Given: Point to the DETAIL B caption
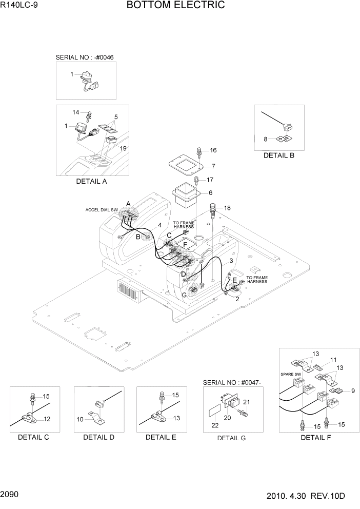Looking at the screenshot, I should (x=279, y=155).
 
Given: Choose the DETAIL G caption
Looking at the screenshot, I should (x=232, y=438).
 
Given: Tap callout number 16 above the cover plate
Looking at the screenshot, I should (x=213, y=150).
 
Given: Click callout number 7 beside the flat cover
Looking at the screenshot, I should (x=213, y=166).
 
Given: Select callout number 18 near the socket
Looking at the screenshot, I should (x=227, y=207).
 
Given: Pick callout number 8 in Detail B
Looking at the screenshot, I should (x=266, y=139).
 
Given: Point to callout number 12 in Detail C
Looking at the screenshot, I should (x=47, y=419).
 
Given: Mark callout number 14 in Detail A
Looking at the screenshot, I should (x=76, y=112).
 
